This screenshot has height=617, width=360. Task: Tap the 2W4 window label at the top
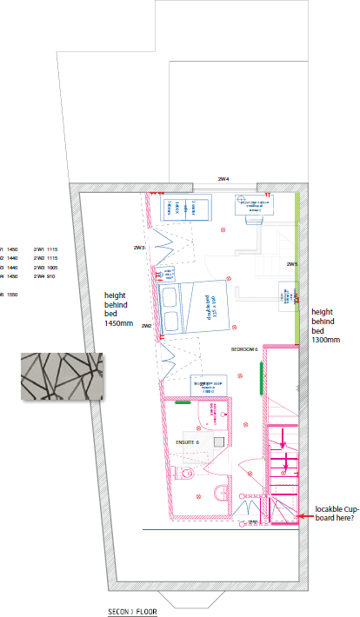tap(223, 179)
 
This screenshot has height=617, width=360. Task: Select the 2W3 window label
tap(138, 248)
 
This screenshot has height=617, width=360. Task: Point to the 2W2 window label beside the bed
tap(147, 326)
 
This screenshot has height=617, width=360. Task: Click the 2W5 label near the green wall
tap(292, 263)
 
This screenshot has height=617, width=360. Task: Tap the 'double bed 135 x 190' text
tap(210, 308)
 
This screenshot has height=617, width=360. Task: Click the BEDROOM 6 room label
tap(244, 349)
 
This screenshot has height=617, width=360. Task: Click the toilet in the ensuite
tap(183, 473)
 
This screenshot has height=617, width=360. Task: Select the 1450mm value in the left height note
tap(118, 323)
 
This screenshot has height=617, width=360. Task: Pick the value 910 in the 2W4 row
tap(51, 276)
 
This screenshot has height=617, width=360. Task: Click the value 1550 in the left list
tap(12, 295)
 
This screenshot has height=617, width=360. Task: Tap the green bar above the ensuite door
tap(183, 402)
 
